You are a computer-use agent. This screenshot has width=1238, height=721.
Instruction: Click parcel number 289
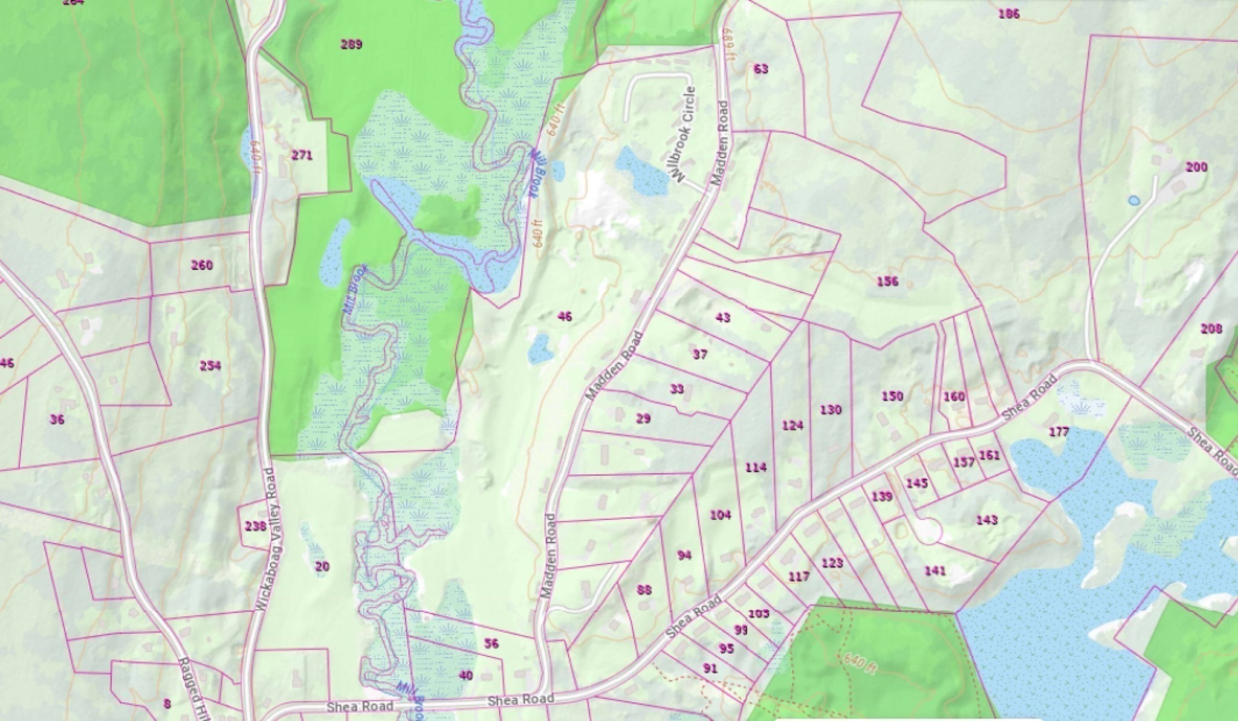pos(351,44)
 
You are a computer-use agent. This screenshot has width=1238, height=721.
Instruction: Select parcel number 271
pos(302,155)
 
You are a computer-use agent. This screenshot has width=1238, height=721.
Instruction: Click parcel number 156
pos(887,281)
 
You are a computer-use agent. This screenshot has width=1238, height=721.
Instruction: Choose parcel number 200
pos(1196,167)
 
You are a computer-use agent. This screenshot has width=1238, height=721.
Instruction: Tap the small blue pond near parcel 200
pos(1134,200)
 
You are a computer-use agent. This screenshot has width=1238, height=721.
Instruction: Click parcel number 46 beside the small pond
pos(565,316)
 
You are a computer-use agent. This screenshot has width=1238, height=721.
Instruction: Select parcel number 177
pos(1059,432)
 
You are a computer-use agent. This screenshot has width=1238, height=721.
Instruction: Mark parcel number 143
pos(987,520)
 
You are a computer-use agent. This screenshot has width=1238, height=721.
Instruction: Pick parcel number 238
pos(256,526)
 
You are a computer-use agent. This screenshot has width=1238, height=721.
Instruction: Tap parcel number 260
pos(202,265)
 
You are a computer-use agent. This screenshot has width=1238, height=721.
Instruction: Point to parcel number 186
pos(1009,13)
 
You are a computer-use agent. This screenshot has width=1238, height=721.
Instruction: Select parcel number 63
pos(761,69)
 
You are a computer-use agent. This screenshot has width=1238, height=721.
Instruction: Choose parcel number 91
pos(710,668)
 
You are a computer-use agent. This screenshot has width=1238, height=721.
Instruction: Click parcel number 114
pos(756,467)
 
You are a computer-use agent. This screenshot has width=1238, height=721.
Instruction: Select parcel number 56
pos(491,644)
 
